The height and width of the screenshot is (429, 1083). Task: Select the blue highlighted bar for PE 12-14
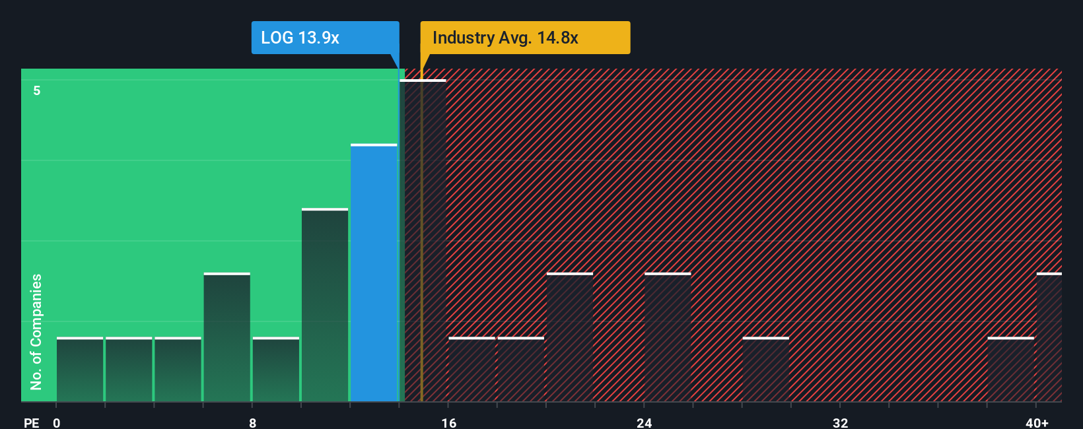pos(374,273)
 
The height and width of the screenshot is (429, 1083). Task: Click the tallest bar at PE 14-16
pos(423,240)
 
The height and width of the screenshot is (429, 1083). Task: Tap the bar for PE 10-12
pos(325,305)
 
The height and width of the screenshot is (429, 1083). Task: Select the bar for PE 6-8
pos(227,337)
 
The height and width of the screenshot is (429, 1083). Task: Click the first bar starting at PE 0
pos(80,370)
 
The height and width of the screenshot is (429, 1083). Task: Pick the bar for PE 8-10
pos(276,370)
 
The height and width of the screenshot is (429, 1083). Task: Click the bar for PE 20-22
pos(570,337)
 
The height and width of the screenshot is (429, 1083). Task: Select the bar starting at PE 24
pos(668,337)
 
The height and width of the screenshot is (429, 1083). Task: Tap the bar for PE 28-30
pos(765,370)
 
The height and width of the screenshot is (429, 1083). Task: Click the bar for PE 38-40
pos(1010,370)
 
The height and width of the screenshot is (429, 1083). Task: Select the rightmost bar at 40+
pos(1049,337)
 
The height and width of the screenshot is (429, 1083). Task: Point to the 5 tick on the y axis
pos(37,90)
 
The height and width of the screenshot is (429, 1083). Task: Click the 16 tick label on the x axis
pos(448,422)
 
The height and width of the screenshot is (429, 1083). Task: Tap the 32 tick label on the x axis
pos(840,422)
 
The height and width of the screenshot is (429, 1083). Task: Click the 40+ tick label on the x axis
pos(1037,422)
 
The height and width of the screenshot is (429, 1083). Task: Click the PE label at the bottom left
pos(31,422)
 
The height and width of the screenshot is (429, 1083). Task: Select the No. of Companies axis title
pos(36,331)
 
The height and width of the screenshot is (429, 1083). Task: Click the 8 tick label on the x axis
pos(252,422)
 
